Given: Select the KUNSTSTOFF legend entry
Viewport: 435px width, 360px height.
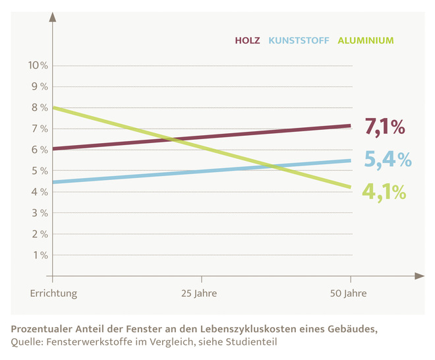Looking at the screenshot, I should point(299,40).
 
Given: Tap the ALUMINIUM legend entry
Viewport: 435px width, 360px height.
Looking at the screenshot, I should point(366,40).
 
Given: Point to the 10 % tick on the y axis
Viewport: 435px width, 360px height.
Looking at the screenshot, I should point(37,65).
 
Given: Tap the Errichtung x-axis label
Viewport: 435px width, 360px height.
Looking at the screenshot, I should point(53,293).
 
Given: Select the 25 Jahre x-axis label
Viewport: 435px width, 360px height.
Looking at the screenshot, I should point(198,293).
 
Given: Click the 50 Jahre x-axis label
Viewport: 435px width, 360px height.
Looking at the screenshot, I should point(348,293).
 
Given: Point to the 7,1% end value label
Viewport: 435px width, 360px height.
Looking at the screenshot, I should point(384,127).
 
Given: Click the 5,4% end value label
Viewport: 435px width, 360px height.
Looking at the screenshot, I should point(388,159).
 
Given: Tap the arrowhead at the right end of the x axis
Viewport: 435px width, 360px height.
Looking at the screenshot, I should point(419,276).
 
